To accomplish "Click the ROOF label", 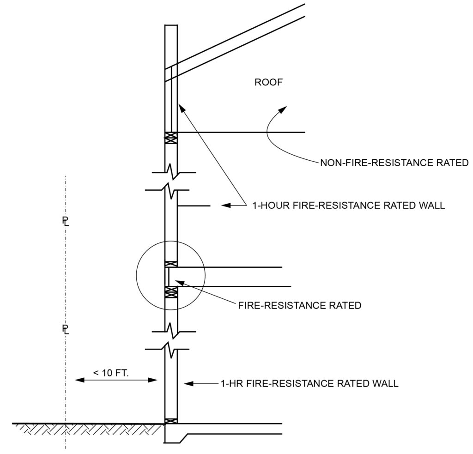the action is (x=269, y=82).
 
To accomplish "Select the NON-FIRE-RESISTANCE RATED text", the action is (x=394, y=163).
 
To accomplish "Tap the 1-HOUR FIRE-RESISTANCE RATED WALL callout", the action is (x=348, y=206).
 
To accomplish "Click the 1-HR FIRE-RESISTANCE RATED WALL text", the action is (x=309, y=383).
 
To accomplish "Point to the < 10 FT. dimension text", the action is (x=111, y=373).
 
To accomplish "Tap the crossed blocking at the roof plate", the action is (x=171, y=138).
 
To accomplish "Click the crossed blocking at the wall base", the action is (x=171, y=421).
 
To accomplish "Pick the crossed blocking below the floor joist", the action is (x=171, y=292).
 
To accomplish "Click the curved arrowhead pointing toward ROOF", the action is (x=283, y=109).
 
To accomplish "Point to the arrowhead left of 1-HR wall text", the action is (x=188, y=384).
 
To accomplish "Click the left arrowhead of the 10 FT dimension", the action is (x=79, y=380).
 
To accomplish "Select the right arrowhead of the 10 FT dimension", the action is (x=153, y=380).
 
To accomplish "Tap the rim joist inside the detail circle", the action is (x=166, y=277).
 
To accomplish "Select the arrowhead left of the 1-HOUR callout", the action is (x=226, y=206).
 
